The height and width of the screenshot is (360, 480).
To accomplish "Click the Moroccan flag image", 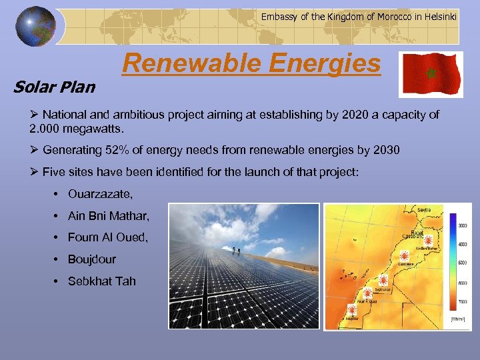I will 430,74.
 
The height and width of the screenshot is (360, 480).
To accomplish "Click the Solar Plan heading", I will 54,87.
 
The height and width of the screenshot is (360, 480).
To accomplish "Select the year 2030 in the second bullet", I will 385,150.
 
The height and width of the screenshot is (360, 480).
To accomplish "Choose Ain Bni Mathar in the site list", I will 109,216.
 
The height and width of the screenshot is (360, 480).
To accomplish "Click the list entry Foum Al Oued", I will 107,237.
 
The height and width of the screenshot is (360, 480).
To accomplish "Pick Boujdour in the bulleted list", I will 92,259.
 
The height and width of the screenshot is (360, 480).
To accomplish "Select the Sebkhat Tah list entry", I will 101,281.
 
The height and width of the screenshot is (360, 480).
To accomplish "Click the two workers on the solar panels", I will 235,251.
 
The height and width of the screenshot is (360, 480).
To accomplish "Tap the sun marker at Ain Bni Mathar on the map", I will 429,240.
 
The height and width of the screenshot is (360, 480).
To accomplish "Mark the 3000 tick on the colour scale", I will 461,225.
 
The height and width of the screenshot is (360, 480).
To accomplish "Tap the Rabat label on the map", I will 417,233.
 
